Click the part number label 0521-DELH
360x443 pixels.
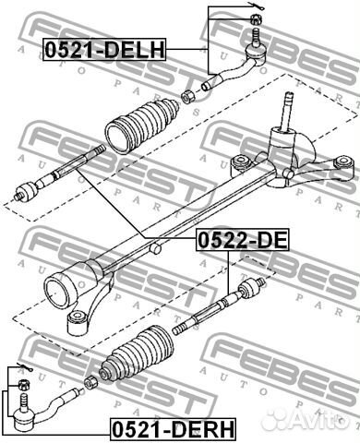point(105,49)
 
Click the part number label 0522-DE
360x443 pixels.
point(243,240)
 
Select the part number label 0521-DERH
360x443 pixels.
point(173,429)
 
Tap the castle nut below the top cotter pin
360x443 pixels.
point(256,19)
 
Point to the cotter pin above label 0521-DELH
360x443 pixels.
point(254,6)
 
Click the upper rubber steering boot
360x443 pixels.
point(142,125)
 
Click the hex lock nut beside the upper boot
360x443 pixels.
point(187,96)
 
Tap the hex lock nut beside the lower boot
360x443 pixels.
point(90,382)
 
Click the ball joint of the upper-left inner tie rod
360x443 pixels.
point(27,191)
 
